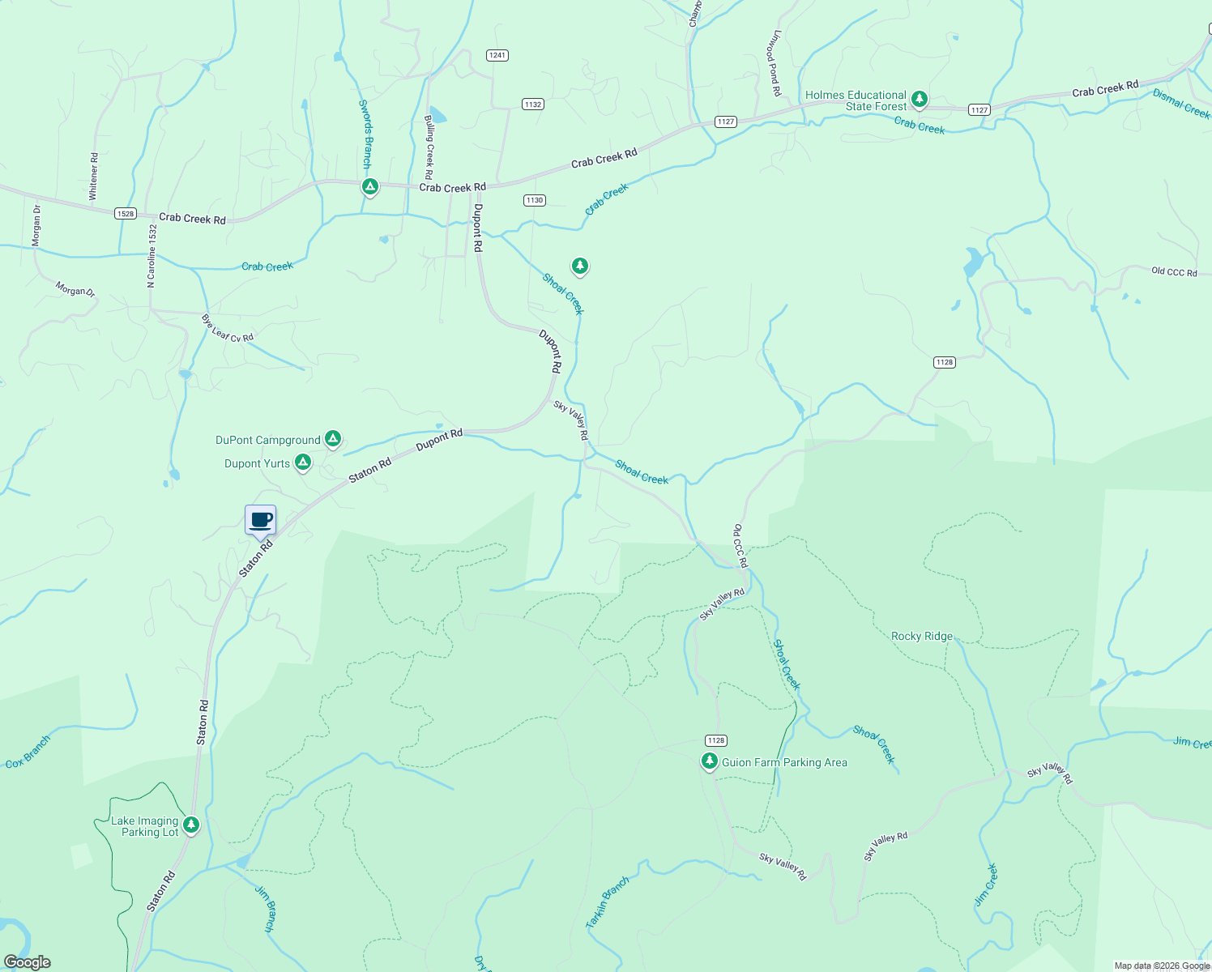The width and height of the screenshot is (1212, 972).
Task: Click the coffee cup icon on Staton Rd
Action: pyautogui.click(x=261, y=520)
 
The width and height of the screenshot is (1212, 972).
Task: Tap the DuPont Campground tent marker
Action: pyautogui.click(x=332, y=439)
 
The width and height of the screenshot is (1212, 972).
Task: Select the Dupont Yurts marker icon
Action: pyautogui.click(x=303, y=463)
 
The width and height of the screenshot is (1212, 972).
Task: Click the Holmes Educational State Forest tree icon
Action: pyautogui.click(x=919, y=100)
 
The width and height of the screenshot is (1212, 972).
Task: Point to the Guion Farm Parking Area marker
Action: pyautogui.click(x=710, y=761)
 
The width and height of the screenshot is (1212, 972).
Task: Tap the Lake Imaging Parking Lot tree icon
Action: pyautogui.click(x=191, y=825)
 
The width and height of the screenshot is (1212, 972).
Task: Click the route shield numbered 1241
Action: pyautogui.click(x=497, y=55)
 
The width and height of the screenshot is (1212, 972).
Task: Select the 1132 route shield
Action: pyautogui.click(x=532, y=104)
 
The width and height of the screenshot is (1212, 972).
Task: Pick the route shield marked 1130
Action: pyautogui.click(x=534, y=200)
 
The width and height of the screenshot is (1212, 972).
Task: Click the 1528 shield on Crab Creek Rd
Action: pyautogui.click(x=125, y=214)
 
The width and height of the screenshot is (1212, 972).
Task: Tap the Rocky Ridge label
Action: pyautogui.click(x=922, y=636)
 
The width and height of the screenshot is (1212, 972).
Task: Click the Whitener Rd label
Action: pyautogui.click(x=93, y=176)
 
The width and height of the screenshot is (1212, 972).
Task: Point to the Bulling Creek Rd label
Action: pyautogui.click(x=429, y=147)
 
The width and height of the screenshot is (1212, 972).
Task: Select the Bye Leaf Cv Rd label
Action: pyautogui.click(x=228, y=328)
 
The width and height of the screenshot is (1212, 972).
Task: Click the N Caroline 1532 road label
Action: pyautogui.click(x=151, y=256)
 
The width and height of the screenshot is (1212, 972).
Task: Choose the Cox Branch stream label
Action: pyautogui.click(x=28, y=752)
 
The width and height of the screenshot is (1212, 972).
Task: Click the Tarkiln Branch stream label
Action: pyautogui.click(x=607, y=902)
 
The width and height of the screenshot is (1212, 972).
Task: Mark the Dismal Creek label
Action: pyautogui.click(x=1181, y=104)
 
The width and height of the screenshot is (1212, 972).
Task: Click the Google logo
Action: pyautogui.click(x=27, y=962)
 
